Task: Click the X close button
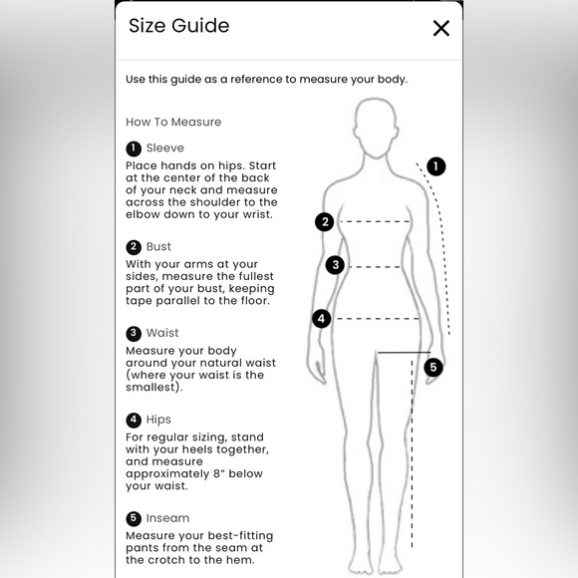[x=440, y=28]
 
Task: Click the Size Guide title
[x=178, y=26]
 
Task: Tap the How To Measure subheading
[x=173, y=122]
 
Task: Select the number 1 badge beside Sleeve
[x=134, y=148]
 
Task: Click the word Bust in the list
[x=158, y=246]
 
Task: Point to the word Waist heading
[x=162, y=333]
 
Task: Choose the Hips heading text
[x=158, y=420]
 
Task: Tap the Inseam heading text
[x=167, y=518]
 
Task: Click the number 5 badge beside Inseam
[x=134, y=518]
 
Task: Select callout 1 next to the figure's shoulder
[x=436, y=166]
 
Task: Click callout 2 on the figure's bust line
[x=325, y=222]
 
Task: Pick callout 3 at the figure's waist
[x=335, y=265]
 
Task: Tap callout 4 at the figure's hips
[x=322, y=319]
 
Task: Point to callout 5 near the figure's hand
[x=433, y=368]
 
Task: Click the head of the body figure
[x=376, y=128]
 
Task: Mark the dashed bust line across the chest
[x=375, y=221]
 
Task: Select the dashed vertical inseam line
[x=412, y=454]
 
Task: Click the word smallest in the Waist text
[x=150, y=387]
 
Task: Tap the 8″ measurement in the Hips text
[x=219, y=473]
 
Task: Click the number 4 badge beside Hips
[x=134, y=420]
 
